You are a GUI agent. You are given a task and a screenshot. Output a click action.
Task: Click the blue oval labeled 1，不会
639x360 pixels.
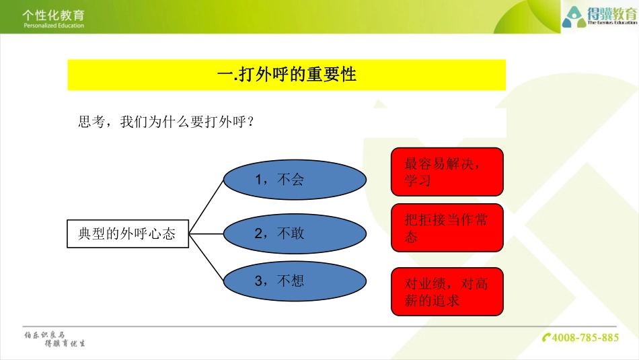coord(295,180)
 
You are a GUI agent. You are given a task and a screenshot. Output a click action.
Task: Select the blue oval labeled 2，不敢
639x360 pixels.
coord(295,233)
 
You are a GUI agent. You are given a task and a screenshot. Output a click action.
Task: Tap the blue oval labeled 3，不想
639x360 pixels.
coord(295,282)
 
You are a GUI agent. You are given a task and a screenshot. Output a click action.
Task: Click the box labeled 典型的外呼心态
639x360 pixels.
coord(128,233)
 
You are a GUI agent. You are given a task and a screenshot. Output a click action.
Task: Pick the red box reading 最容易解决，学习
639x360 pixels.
coord(447,172)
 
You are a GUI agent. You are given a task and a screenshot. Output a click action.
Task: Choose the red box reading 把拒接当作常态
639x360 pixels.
coord(447,227)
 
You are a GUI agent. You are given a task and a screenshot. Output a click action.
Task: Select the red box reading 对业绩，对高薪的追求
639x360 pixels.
coord(447,291)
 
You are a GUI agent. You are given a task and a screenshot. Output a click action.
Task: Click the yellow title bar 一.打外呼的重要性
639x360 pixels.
coord(287,75)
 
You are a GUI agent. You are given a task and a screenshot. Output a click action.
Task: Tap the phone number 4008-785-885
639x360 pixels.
coord(585,337)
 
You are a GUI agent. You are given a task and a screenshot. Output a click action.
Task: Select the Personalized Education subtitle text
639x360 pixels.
coord(53,26)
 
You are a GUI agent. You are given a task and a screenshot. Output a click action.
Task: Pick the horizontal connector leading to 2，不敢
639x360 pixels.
coord(206,233)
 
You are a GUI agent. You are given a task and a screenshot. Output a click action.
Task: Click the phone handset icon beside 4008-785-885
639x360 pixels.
coord(547,337)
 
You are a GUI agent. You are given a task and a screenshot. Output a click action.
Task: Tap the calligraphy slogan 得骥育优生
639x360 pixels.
coord(65,343)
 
